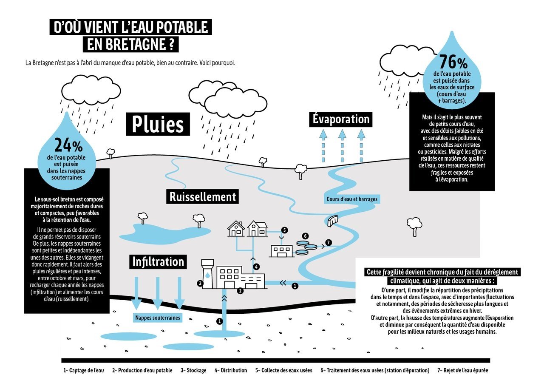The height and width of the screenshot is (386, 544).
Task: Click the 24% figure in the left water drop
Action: [x=68, y=145]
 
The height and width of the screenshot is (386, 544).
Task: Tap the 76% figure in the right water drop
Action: [x=453, y=62]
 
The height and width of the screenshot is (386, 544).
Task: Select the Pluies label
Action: [x=158, y=124]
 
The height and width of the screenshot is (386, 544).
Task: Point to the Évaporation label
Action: [x=341, y=119]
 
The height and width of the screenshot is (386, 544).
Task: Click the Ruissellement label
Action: [x=203, y=196]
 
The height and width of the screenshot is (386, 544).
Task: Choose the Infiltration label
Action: [x=158, y=261]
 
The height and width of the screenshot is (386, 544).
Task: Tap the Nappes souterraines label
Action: [x=158, y=318]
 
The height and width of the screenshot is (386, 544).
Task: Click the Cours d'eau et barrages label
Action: [x=352, y=199]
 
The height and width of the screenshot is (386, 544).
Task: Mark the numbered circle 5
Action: [x=284, y=230]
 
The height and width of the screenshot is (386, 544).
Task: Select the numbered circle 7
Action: [x=329, y=242]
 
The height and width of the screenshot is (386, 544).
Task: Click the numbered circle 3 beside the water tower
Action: [x=200, y=283]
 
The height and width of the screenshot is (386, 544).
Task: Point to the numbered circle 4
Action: [x=256, y=267]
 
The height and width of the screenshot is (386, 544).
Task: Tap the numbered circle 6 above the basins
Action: [x=305, y=236]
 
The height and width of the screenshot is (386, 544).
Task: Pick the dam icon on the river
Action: [x=333, y=221]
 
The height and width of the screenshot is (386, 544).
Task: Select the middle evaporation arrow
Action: [x=342, y=146]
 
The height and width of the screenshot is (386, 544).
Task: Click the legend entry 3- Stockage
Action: [x=193, y=370]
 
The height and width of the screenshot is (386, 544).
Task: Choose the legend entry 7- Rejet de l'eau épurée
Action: [x=463, y=370]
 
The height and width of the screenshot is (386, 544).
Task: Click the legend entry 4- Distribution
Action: [x=231, y=370]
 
